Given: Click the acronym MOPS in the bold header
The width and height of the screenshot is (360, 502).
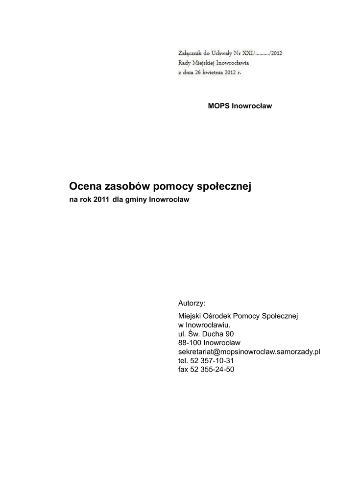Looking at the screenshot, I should point(218,106).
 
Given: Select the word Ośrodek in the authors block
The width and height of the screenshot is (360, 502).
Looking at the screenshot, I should point(216,316).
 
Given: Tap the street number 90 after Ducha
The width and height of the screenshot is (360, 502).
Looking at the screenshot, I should point(222,334).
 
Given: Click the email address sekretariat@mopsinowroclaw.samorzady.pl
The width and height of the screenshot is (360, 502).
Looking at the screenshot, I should point(249,351).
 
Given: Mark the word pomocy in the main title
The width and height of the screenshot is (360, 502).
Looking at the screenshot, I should point(167,186).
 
